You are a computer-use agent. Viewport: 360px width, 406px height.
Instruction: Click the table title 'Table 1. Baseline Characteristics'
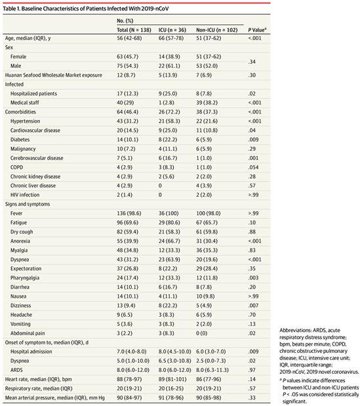tap(45, 9)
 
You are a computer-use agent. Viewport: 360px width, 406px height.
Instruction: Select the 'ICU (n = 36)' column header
tap(172, 30)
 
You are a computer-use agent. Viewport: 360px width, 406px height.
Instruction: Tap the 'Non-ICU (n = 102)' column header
tap(217, 30)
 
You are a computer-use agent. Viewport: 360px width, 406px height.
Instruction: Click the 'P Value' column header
tap(257, 30)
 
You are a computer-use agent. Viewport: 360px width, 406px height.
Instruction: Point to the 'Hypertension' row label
tap(25, 121)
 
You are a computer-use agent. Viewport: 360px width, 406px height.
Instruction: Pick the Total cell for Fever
tap(129, 213)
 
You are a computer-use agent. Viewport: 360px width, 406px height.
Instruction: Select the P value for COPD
tap(253, 167)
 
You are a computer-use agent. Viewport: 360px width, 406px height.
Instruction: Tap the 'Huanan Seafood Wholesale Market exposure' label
tap(54, 75)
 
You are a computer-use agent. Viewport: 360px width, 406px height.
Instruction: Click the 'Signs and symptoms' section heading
tap(28, 204)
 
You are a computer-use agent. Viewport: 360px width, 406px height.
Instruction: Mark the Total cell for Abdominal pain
tap(125, 333)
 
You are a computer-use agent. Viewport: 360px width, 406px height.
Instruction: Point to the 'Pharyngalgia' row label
tap(25, 278)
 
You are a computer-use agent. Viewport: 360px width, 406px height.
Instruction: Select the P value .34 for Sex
tap(252, 62)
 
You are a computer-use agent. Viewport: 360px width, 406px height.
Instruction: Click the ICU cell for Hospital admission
tap(175, 352)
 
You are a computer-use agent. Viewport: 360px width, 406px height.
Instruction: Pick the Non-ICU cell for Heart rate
tap(209, 379)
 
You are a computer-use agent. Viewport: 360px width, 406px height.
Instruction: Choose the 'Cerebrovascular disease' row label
tap(37, 158)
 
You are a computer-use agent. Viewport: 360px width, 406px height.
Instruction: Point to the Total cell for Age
tap(129, 38)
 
